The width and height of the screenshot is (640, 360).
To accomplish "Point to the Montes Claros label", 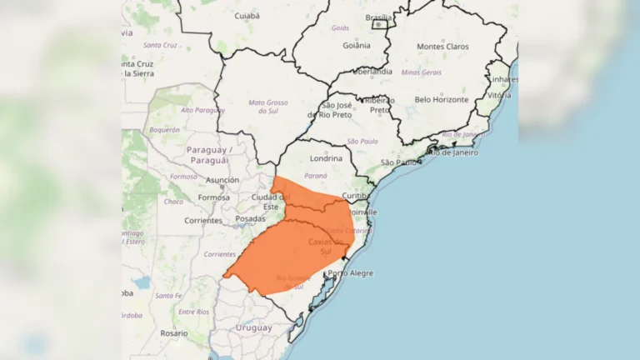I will point(442,47).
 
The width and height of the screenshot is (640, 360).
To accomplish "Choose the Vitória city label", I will point(498,96).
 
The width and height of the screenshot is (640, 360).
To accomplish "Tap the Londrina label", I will point(325,158).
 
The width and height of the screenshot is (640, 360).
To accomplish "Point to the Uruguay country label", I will point(255,327).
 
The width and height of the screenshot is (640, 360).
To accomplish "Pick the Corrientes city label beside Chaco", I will point(203,221).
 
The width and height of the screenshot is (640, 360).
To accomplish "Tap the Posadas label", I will point(251,218).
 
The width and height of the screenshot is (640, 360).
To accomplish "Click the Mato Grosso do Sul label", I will point(267,107).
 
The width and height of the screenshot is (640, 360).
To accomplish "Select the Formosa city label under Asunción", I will point(214,197).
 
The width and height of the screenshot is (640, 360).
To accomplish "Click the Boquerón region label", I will point(164,130).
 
